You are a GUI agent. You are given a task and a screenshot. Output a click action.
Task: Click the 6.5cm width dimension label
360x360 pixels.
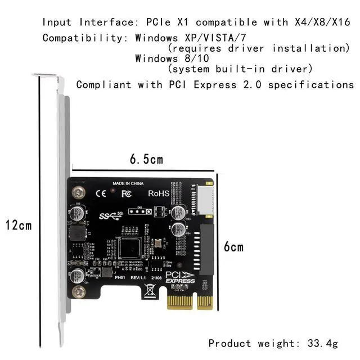pos(146,159)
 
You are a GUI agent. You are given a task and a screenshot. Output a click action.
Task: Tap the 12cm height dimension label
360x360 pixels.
pos(19,226)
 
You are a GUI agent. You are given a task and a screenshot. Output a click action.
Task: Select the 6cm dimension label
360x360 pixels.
pos(234,247)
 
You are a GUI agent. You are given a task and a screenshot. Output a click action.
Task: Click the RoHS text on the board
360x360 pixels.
pos(159,193)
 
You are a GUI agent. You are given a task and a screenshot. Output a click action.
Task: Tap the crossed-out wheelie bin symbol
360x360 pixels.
pos(150,290)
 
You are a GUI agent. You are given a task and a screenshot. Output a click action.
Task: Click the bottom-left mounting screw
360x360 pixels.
pos(80,291)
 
